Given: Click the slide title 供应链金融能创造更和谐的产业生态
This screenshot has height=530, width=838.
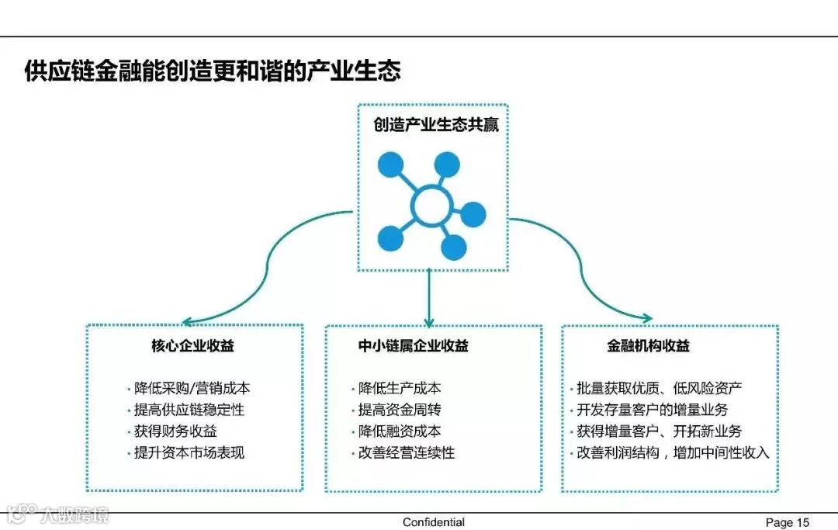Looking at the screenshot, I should [213, 72].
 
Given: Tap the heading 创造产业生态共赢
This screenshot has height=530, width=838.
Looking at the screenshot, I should [436, 125].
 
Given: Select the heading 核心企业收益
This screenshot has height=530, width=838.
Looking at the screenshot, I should [192, 345].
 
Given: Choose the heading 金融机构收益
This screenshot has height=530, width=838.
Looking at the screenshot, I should [648, 345].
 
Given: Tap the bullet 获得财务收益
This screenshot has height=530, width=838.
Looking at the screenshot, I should [175, 431].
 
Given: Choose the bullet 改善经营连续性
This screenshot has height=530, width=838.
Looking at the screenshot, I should [406, 452].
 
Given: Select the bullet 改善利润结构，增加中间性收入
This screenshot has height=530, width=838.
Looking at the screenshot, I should [672, 452].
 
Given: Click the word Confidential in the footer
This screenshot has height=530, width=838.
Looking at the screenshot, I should [434, 522].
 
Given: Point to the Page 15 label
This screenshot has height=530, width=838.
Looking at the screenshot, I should [787, 522].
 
